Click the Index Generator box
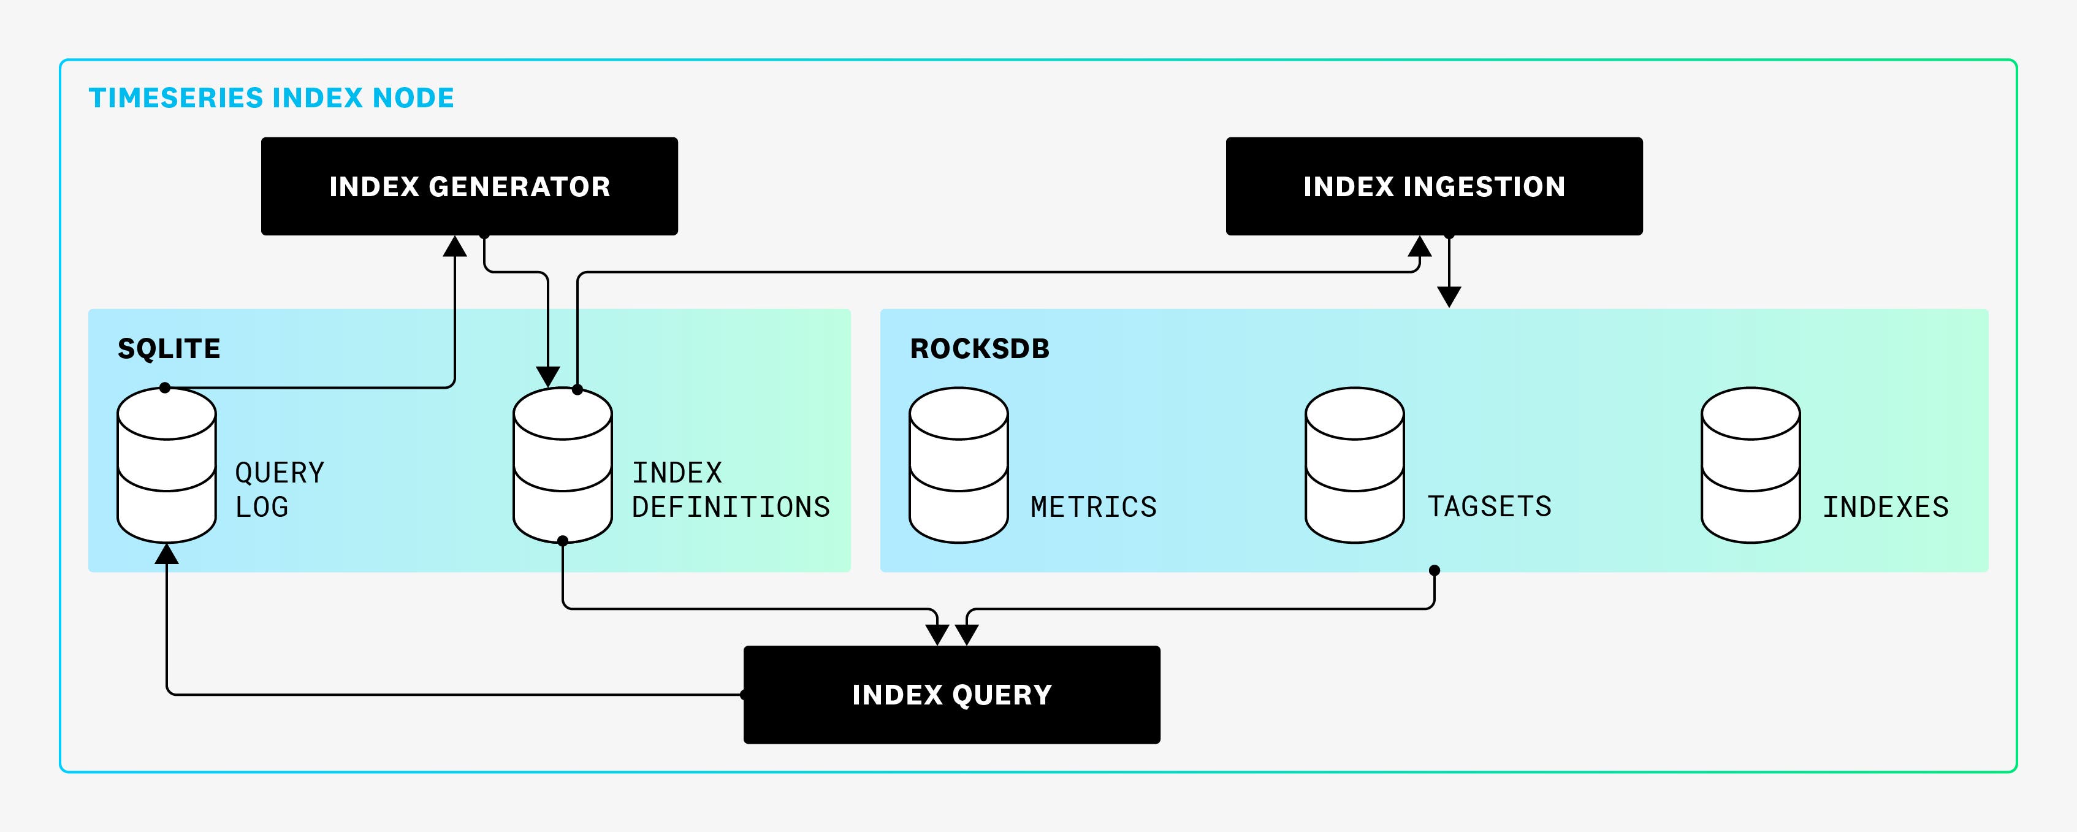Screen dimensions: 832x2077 point(469,186)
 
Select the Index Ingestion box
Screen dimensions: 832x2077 point(1433,186)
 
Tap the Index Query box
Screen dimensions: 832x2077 point(951,694)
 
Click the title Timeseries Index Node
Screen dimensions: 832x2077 point(271,97)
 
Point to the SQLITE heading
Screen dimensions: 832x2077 point(169,348)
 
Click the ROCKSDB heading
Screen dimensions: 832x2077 point(980,348)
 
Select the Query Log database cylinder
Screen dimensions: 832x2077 point(166,465)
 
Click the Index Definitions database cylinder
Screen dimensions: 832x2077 point(562,465)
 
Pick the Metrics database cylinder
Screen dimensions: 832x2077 point(958,465)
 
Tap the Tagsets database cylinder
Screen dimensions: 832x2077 point(1355,465)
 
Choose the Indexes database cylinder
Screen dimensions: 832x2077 point(1750,465)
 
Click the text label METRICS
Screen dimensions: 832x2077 point(1093,507)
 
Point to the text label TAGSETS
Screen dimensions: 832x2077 point(1489,506)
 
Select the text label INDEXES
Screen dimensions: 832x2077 point(1886,507)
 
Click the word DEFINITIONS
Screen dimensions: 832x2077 point(731,507)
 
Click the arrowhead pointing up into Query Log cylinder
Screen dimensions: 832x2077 point(166,554)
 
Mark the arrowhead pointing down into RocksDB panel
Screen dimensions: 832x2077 point(1449,297)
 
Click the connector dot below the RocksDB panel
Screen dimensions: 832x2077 point(1433,570)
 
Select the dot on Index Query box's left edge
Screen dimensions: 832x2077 point(744,694)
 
